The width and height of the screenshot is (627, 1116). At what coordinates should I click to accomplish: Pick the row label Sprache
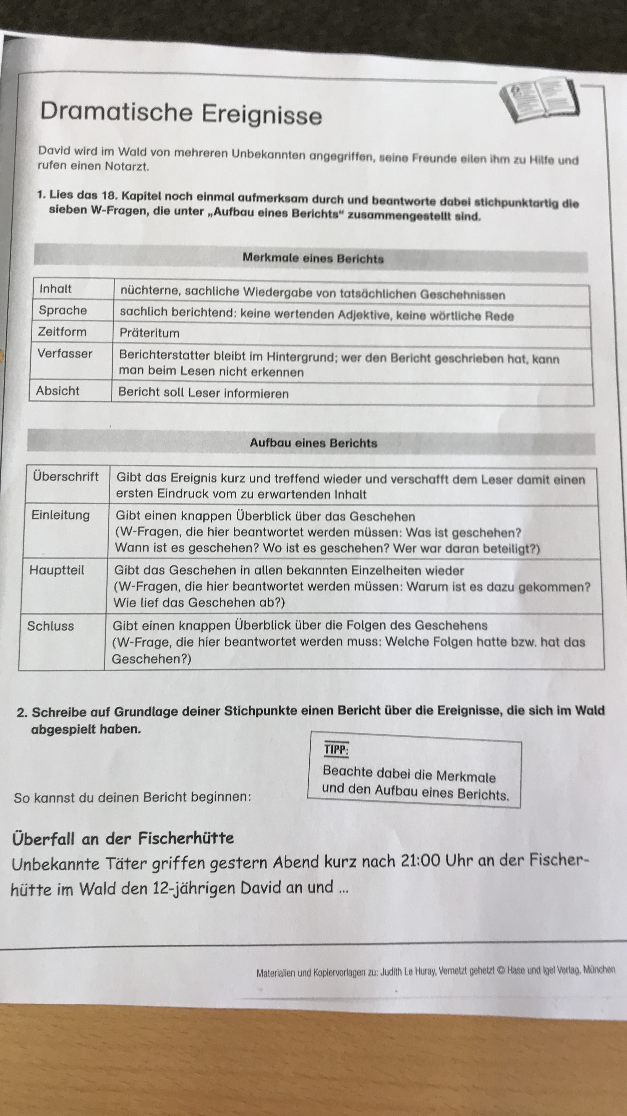click(x=63, y=310)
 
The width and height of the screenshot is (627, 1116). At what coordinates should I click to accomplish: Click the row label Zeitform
click(x=62, y=332)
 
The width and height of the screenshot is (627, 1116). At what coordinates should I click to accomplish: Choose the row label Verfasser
click(x=65, y=353)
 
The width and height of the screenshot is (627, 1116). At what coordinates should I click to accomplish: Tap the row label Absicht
click(x=58, y=391)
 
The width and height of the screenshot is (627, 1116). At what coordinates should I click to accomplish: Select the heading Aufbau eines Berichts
click(x=313, y=443)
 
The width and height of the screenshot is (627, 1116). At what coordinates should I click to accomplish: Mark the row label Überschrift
click(x=66, y=477)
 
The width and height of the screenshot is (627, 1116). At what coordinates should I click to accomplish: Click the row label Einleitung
click(x=61, y=515)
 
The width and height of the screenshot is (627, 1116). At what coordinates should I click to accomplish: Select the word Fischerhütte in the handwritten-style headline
click(x=186, y=838)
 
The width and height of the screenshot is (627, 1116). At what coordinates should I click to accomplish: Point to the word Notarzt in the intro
click(x=127, y=166)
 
